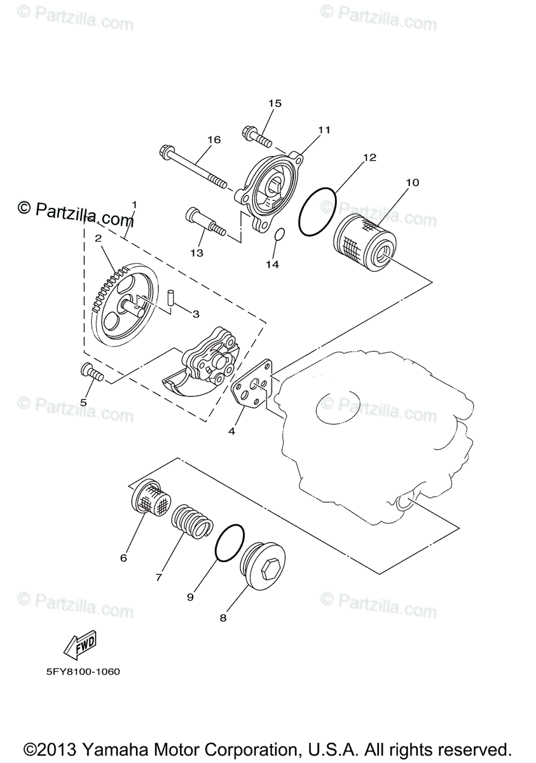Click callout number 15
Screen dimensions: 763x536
tap(275, 103)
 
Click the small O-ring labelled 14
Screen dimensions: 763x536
tap(278, 237)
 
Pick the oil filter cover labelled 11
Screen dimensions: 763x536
tap(271, 188)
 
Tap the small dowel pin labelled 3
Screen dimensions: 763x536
tap(170, 297)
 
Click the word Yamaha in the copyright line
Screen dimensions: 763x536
tap(106, 748)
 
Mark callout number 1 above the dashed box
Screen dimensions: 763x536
tap(134, 205)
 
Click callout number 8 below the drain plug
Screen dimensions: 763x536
tap(223, 617)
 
